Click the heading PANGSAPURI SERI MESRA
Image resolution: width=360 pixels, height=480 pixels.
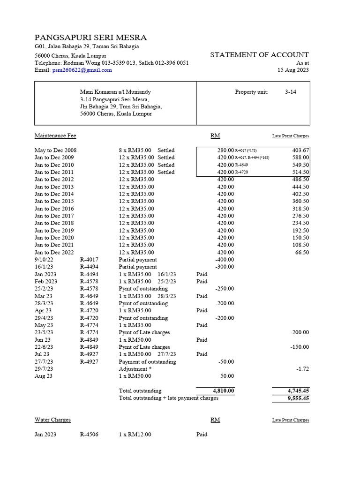[x=90, y=37]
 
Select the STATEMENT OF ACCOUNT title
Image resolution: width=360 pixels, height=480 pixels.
[x=259, y=55]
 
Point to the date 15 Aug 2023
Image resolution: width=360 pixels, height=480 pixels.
[x=293, y=70]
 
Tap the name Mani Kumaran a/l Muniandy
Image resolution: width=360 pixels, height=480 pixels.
[x=115, y=92]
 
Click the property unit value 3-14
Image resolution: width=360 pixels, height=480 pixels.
[x=290, y=92]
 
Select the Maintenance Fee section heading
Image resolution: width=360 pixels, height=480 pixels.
[x=55, y=136]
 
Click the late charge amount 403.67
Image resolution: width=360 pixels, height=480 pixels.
[x=300, y=150]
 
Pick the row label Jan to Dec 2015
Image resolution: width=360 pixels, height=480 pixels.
[x=54, y=201]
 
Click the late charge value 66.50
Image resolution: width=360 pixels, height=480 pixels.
[x=301, y=252]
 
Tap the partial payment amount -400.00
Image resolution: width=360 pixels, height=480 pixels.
[x=224, y=260]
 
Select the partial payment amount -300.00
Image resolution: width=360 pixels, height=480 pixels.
[x=224, y=267]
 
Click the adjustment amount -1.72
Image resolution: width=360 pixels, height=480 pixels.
[x=303, y=369]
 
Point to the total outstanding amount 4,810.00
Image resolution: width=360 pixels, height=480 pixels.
[x=223, y=390]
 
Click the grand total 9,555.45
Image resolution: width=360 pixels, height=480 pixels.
[x=298, y=398]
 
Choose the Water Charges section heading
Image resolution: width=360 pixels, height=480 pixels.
[x=52, y=420]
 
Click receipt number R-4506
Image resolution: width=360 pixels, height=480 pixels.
[x=89, y=435]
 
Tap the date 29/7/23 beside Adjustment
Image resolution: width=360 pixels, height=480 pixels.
[x=44, y=369]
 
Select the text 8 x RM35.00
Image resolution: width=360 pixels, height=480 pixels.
[x=136, y=150]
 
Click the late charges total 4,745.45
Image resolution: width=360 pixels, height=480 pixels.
[x=298, y=390]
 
